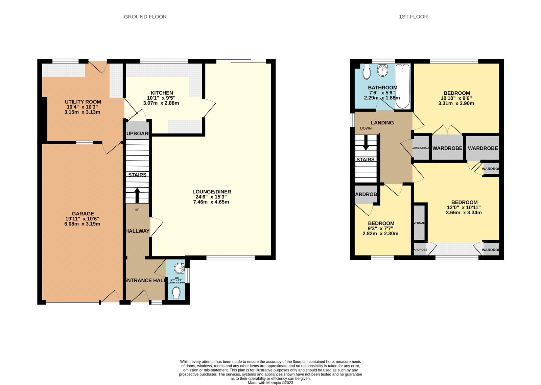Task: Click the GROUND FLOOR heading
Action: point(145,17)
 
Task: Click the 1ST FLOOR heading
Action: point(413,17)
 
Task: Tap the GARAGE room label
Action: point(83,214)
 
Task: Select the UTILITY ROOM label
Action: point(83,102)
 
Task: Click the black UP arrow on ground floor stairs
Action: point(137,195)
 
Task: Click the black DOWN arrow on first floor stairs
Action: point(366,145)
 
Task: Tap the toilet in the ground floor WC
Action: point(176,293)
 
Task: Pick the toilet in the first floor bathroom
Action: point(366,72)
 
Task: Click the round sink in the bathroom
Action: point(383,71)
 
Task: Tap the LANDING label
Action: point(382,123)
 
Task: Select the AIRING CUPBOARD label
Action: point(421,148)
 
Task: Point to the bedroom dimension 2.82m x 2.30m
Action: point(380,234)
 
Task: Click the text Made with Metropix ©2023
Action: point(270,383)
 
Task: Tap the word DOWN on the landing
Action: point(366,128)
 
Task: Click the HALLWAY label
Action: point(137,231)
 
